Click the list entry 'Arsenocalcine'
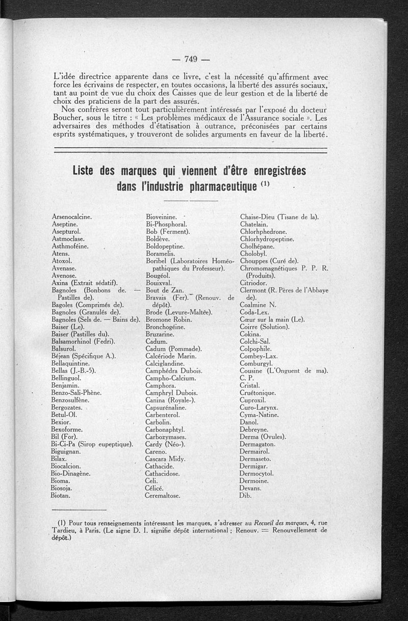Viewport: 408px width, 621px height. [x=72, y=217]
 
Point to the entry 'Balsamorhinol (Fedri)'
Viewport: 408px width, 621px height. [x=83, y=341]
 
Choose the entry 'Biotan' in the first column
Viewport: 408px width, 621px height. [x=61, y=495]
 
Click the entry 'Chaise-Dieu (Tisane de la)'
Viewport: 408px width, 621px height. [x=279, y=217]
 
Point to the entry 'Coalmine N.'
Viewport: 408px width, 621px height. [x=258, y=305]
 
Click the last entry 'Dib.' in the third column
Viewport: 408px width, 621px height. [x=246, y=495]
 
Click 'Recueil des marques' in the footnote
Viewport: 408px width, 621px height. [x=281, y=522]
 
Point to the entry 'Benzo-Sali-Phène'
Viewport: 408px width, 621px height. [x=76, y=393]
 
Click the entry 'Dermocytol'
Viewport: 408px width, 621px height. [x=257, y=473]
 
